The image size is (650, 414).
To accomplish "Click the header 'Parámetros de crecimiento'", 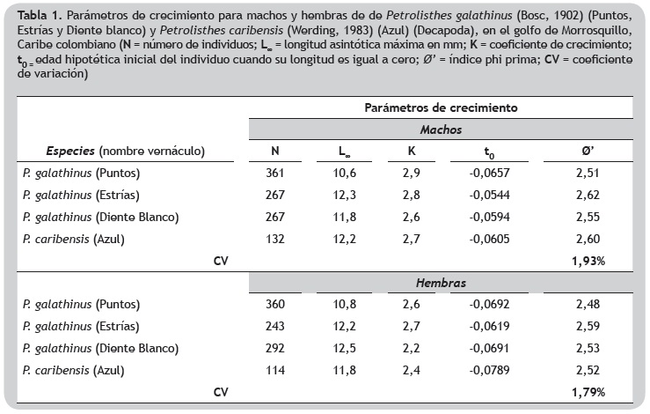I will (441, 107).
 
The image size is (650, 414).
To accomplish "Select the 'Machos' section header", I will (441, 128).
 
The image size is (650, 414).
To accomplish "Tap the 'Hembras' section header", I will (441, 284).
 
